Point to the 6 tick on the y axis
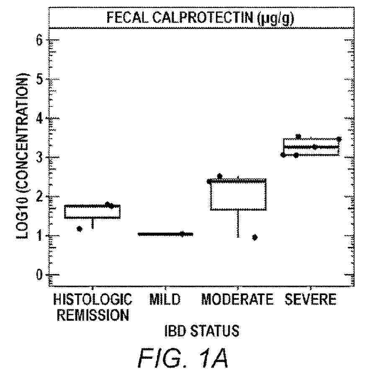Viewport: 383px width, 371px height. click(x=40, y=41)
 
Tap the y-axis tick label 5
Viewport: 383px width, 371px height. click(x=40, y=79)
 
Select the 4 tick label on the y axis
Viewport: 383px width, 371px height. click(x=40, y=119)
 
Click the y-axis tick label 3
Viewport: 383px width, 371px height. click(x=40, y=158)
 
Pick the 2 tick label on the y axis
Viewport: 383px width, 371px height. click(x=40, y=197)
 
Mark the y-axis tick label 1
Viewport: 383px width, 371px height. click(x=40, y=236)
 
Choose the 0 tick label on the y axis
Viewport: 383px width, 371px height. click(x=40, y=275)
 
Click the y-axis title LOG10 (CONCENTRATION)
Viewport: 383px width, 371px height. click(x=23, y=157)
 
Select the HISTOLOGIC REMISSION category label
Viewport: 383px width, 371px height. click(x=93, y=307)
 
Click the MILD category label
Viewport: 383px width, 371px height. click(x=165, y=300)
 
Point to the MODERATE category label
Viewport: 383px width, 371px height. click(x=237, y=300)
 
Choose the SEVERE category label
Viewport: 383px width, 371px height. click(x=310, y=300)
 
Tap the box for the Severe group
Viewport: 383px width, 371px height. click(x=311, y=147)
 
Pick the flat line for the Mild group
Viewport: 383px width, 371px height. click(x=165, y=234)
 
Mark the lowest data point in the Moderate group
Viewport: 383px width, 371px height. click(x=254, y=237)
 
